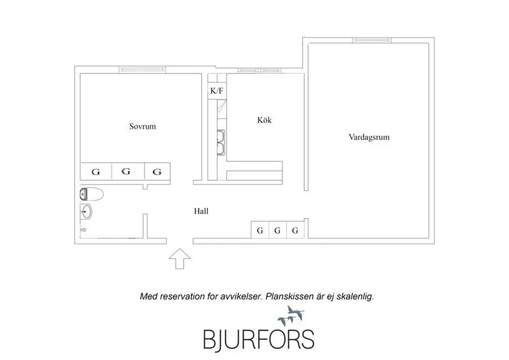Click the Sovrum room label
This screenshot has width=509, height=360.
143,126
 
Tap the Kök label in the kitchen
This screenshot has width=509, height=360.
264,120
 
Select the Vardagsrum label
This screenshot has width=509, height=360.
369,137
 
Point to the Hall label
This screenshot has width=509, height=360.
201,211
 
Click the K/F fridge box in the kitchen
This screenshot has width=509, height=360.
217,91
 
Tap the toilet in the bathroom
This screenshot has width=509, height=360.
91,195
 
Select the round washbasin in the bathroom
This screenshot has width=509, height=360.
86,212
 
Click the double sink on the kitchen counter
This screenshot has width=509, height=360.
221,143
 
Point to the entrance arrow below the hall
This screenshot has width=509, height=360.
180,259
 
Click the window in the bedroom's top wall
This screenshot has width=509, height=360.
142,70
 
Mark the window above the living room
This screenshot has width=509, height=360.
371,40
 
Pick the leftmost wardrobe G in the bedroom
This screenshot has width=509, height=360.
96,171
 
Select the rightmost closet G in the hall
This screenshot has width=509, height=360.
296,230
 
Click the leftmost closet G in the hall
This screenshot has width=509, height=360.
260,230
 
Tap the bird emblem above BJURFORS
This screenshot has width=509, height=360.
291,316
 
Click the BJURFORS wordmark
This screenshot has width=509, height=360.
259,340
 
